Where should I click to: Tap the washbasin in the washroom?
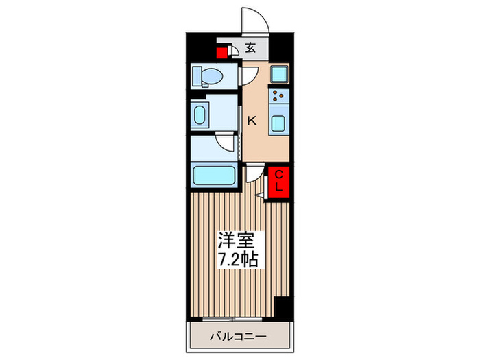pos(201,115)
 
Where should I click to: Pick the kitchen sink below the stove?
pos(279,123)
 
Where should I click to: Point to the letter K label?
pos(252,121)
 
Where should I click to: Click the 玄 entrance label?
pos(251,48)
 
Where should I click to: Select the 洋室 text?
pos(236,242)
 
